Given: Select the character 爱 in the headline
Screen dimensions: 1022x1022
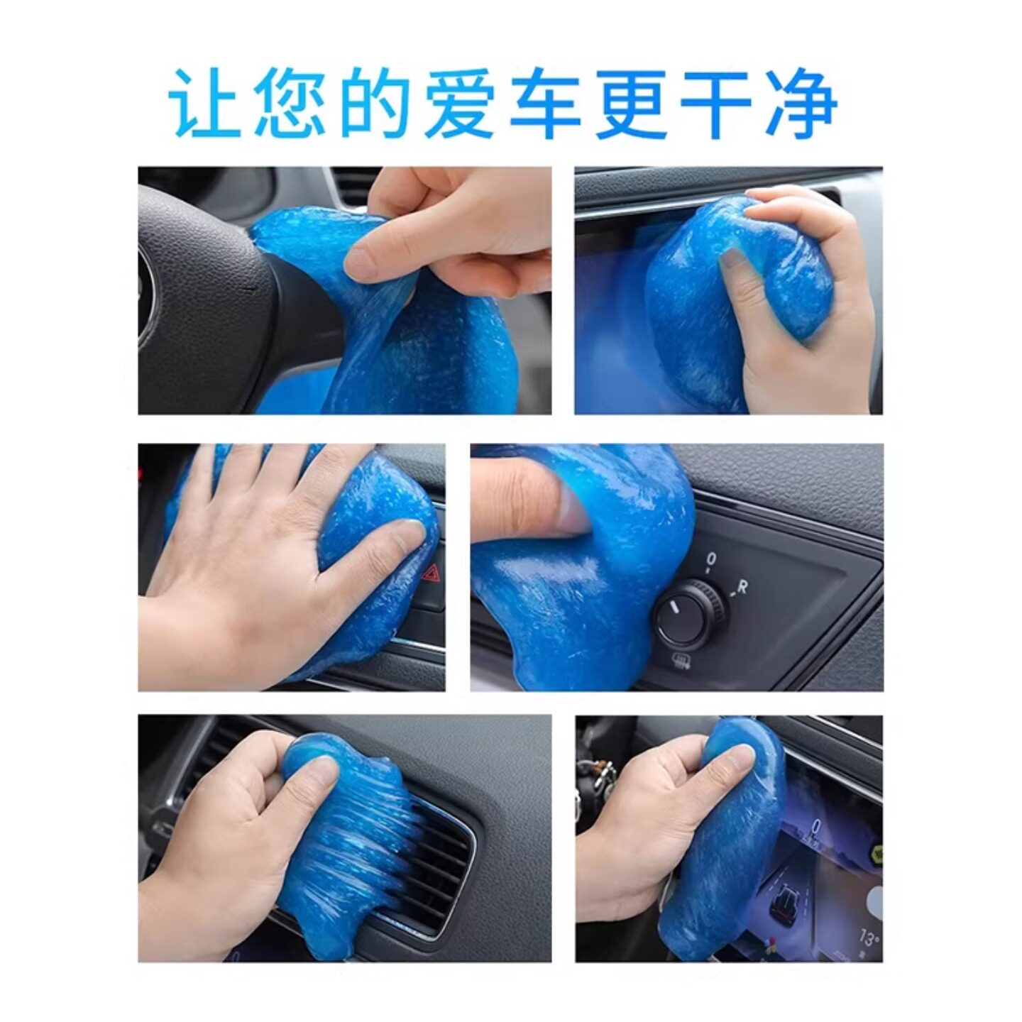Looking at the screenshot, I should (x=459, y=104).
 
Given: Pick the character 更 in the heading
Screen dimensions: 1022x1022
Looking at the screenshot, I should (x=630, y=104).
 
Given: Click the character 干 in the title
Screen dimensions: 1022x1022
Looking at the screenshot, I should (x=715, y=104).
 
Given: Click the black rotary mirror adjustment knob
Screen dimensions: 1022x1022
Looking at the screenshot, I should (x=685, y=614).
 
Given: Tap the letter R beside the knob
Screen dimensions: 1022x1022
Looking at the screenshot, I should (x=742, y=587).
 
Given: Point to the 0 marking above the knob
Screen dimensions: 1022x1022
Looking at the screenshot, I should (x=710, y=560).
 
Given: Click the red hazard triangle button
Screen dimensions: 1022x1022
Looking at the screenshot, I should (x=429, y=571).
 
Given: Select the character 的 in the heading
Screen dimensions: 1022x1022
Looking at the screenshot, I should (x=374, y=104).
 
